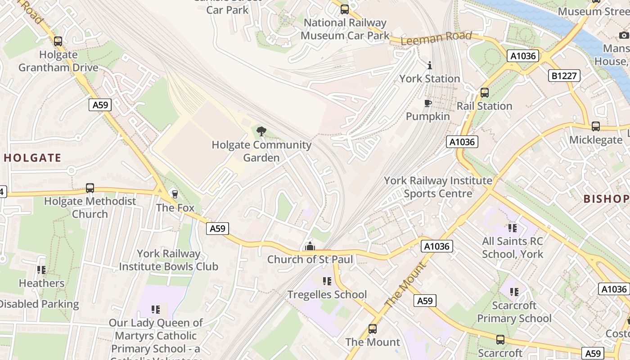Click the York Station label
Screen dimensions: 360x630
[429, 79]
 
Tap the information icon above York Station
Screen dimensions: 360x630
[429, 66]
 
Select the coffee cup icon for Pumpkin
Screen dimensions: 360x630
[427, 103]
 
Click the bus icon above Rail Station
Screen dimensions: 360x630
[484, 93]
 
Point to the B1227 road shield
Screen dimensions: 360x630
[564, 76]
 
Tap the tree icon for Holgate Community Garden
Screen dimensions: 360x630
[261, 131]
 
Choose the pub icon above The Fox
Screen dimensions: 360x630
[175, 194]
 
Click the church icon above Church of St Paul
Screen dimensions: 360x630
[310, 246]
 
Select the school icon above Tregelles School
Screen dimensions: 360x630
[327, 281]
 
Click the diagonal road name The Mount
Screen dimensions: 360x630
[405, 285]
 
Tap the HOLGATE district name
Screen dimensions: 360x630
[32, 158]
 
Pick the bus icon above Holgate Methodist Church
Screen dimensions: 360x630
[90, 188]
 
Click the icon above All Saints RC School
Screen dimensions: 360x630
[512, 228]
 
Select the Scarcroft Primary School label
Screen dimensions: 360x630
[514, 312]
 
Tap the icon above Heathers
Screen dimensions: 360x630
[41, 270]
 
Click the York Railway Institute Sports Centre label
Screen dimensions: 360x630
[438, 187]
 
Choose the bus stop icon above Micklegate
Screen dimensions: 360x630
[596, 126]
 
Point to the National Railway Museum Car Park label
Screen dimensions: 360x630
[345, 29]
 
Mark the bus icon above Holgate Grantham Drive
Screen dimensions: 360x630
[58, 41]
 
